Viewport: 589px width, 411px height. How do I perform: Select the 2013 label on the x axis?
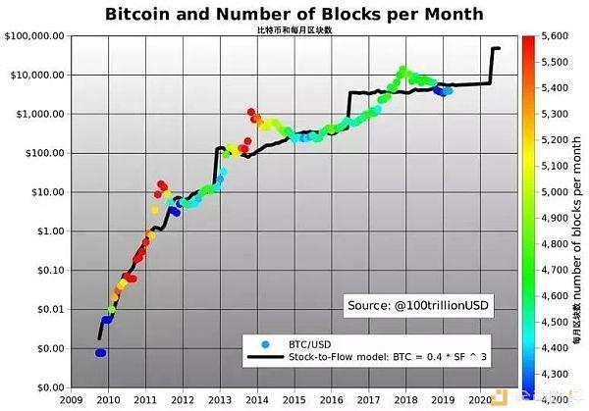tap(220, 399)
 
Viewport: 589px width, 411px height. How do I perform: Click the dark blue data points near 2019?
tap(443, 91)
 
